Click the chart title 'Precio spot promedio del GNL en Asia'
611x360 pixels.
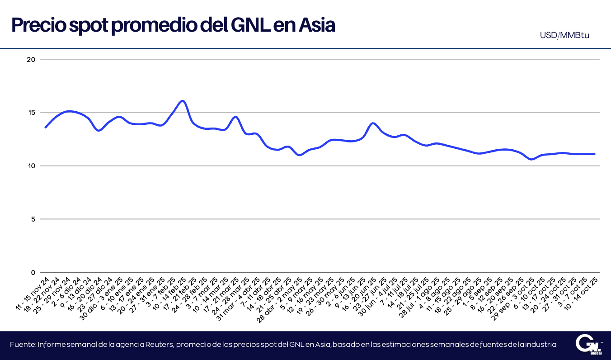click(173, 25)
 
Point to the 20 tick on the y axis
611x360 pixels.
click(31, 59)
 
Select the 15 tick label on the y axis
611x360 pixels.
click(31, 113)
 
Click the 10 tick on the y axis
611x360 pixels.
click(31, 166)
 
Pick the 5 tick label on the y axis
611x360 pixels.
click(33, 219)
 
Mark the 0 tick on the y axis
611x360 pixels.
click(33, 272)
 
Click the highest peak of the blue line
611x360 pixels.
click(183, 101)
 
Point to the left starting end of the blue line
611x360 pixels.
click(46, 127)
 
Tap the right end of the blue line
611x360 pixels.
click(594, 154)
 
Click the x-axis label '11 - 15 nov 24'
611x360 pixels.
click(33, 294)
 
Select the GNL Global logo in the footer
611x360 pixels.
click(589, 345)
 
